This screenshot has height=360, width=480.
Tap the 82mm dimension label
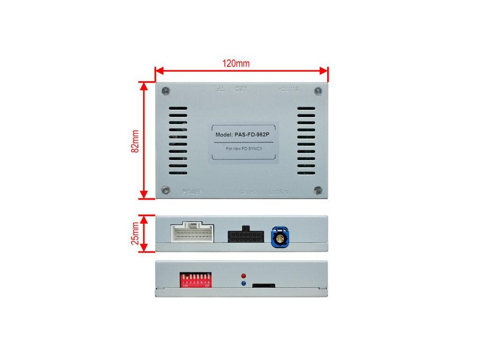135,141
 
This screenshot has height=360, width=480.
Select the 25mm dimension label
135,233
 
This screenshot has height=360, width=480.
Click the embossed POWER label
192,192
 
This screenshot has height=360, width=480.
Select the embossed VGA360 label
247,192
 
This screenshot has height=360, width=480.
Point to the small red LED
243,276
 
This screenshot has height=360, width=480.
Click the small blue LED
243,284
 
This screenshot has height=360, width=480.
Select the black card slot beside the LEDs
263,285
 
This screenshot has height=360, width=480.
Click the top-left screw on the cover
165,90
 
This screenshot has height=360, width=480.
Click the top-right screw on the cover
318,90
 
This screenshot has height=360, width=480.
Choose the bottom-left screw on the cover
165,190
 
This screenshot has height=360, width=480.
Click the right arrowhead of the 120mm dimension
324,71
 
